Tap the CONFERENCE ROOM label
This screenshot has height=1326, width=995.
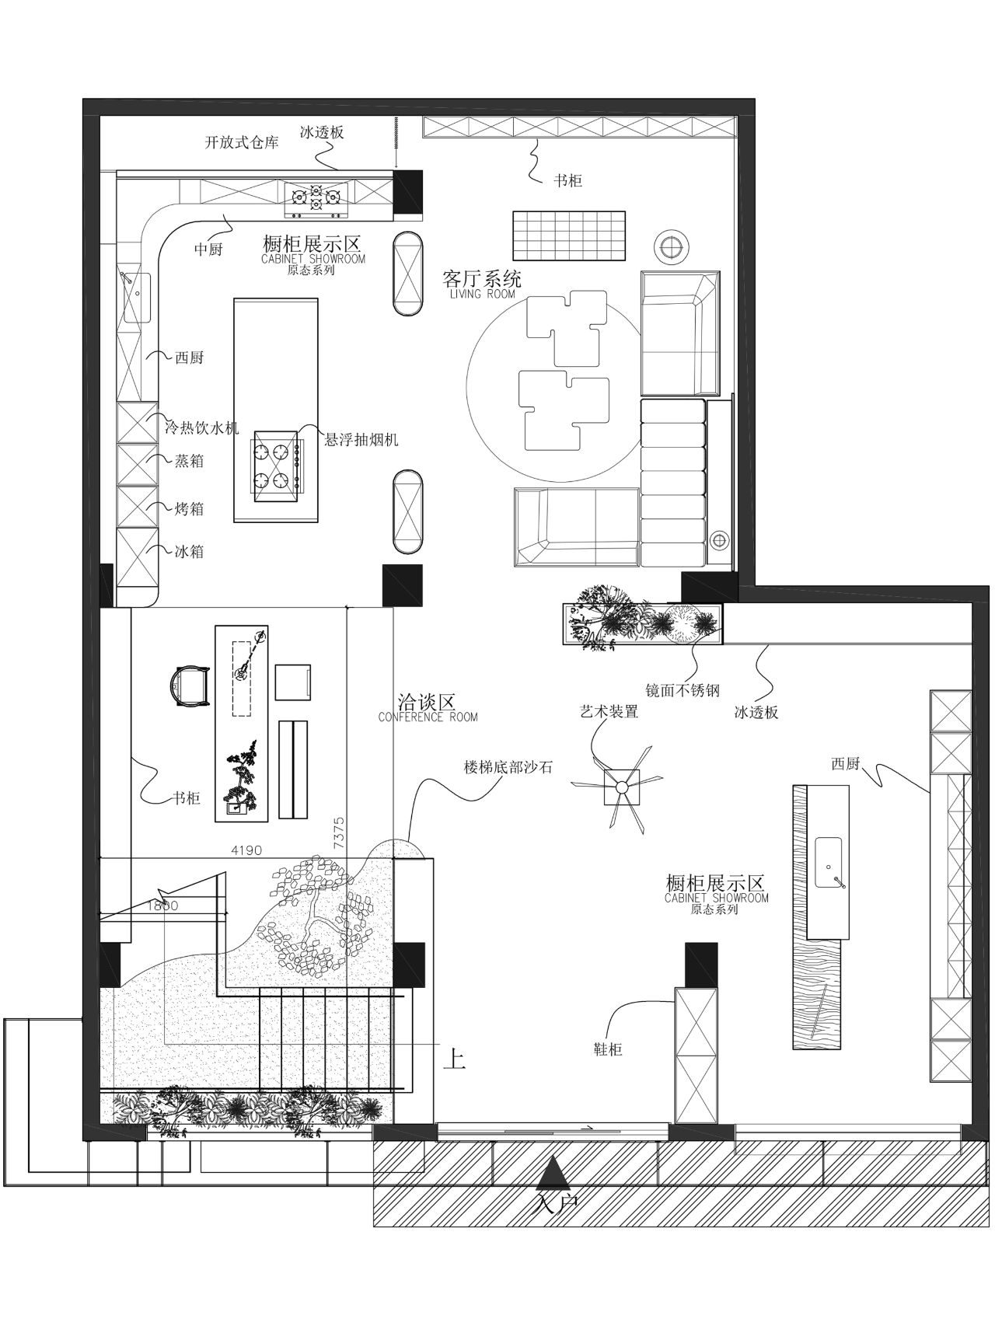428,717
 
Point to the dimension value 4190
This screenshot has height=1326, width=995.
246,850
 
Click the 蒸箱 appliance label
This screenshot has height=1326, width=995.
189,461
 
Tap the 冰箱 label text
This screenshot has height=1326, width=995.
189,551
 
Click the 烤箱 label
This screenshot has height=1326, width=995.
189,508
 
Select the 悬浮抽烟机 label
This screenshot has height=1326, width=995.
361,440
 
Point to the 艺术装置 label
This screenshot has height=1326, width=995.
609,710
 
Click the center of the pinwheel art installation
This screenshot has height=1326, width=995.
621,787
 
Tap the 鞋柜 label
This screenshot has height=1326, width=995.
607,1049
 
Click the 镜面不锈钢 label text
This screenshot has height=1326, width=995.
683,689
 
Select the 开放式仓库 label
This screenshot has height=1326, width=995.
242,143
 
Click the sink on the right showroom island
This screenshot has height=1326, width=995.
830,863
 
